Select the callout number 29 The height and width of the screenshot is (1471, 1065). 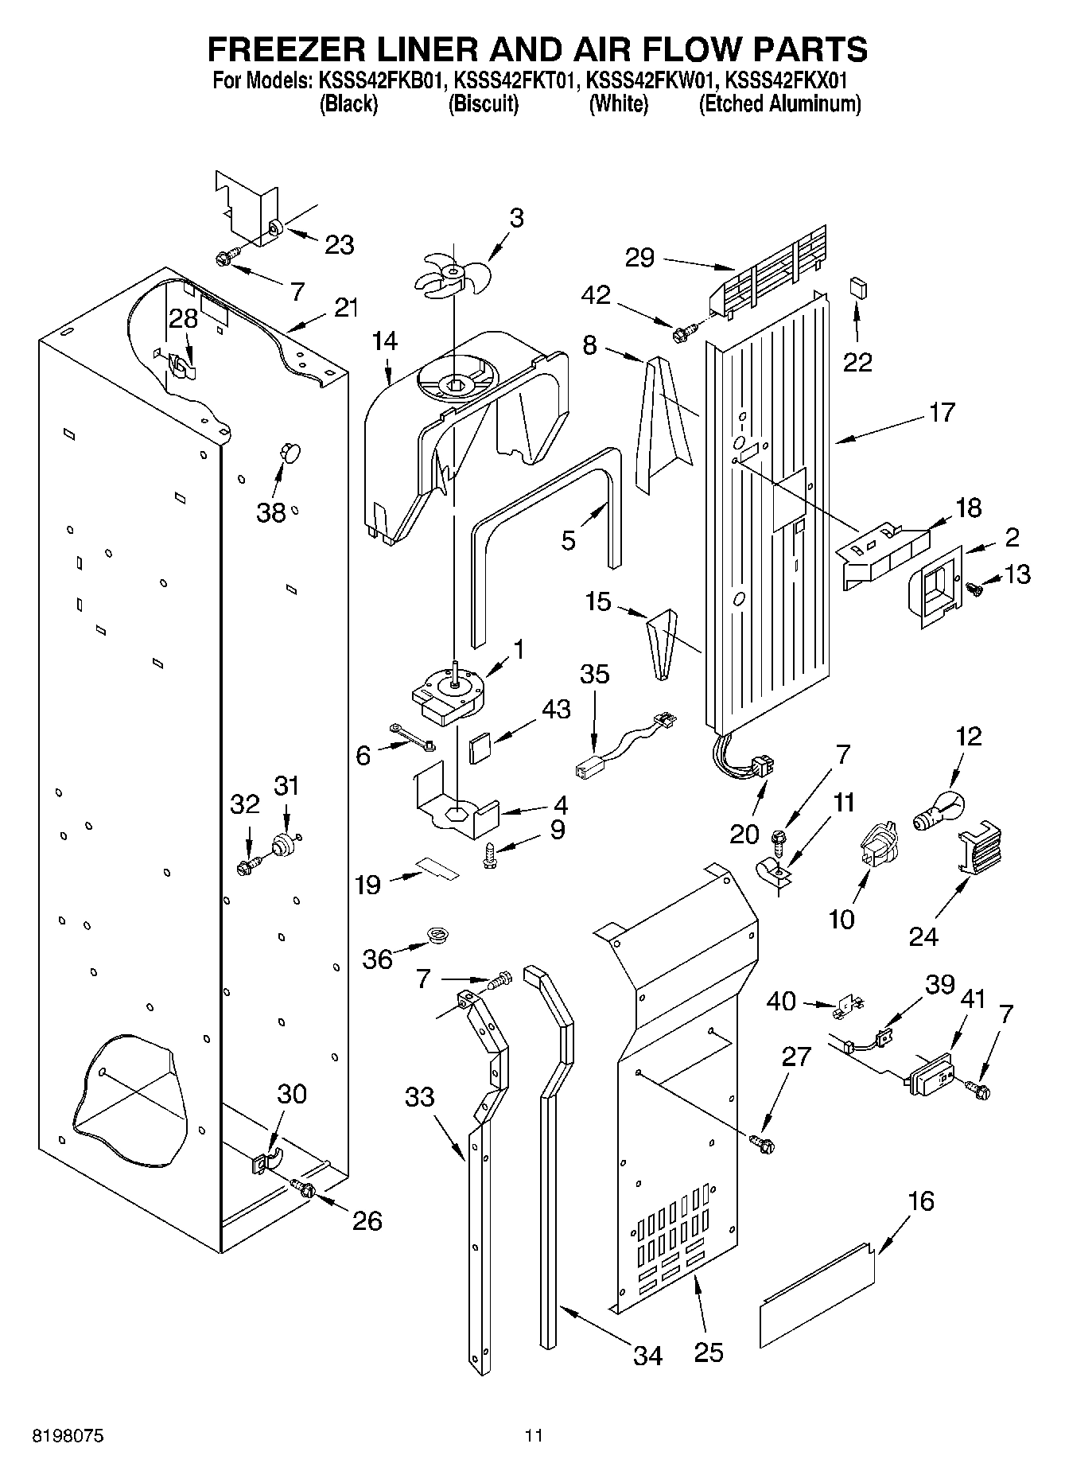click(x=639, y=257)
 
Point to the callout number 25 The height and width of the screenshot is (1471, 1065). click(x=708, y=1352)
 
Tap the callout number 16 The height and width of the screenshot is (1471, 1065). click(x=920, y=1201)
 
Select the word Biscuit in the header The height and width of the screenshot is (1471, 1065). click(x=484, y=104)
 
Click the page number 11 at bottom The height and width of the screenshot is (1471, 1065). click(x=533, y=1437)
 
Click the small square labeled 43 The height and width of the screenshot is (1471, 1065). click(x=480, y=748)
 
